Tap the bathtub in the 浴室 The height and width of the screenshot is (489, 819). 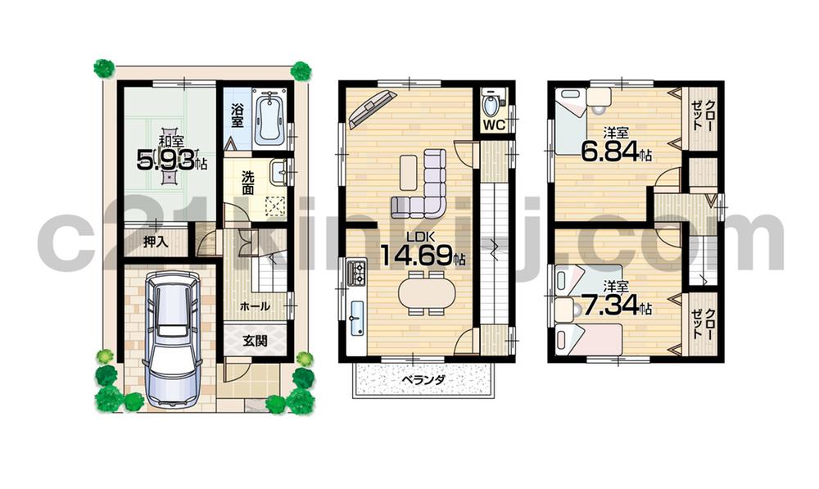pyautogui.click(x=268, y=120)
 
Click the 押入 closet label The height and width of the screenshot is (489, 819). pyautogui.click(x=155, y=242)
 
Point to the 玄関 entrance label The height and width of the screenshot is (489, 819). pyautogui.click(x=256, y=340)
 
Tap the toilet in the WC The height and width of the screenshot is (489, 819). pyautogui.click(x=491, y=105)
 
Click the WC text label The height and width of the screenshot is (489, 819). pyautogui.click(x=492, y=125)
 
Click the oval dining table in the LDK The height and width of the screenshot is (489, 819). pyautogui.click(x=425, y=293)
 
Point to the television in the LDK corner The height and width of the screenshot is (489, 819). pyautogui.click(x=371, y=110)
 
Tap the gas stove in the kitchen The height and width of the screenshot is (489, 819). pyautogui.click(x=357, y=274)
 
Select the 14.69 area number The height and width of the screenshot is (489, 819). pyautogui.click(x=417, y=255)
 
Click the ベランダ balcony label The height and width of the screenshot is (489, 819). pyautogui.click(x=423, y=380)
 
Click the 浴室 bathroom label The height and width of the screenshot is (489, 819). pyautogui.click(x=237, y=115)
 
